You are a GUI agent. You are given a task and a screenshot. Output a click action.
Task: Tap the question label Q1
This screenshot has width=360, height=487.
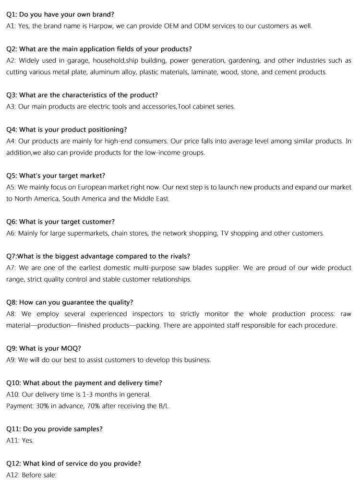pos(12,14)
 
